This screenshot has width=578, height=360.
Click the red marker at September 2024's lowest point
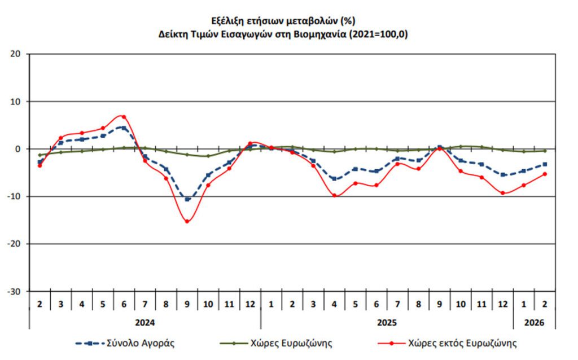(x=187, y=221)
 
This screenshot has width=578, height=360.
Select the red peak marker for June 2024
(x=124, y=117)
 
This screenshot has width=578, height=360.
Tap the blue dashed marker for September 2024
(x=187, y=199)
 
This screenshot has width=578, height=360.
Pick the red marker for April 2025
(x=335, y=195)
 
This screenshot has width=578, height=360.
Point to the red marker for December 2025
(x=502, y=193)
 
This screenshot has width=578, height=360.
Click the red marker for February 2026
(x=545, y=174)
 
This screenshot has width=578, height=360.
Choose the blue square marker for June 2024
(x=124, y=128)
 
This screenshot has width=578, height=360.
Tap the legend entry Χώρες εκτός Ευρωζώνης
(x=462, y=343)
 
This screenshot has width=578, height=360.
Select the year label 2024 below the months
(x=144, y=323)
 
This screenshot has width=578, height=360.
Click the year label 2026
(x=534, y=323)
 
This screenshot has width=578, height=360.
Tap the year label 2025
(x=387, y=323)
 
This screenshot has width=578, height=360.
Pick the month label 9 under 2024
(x=187, y=304)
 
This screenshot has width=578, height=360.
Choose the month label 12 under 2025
(x=502, y=304)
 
